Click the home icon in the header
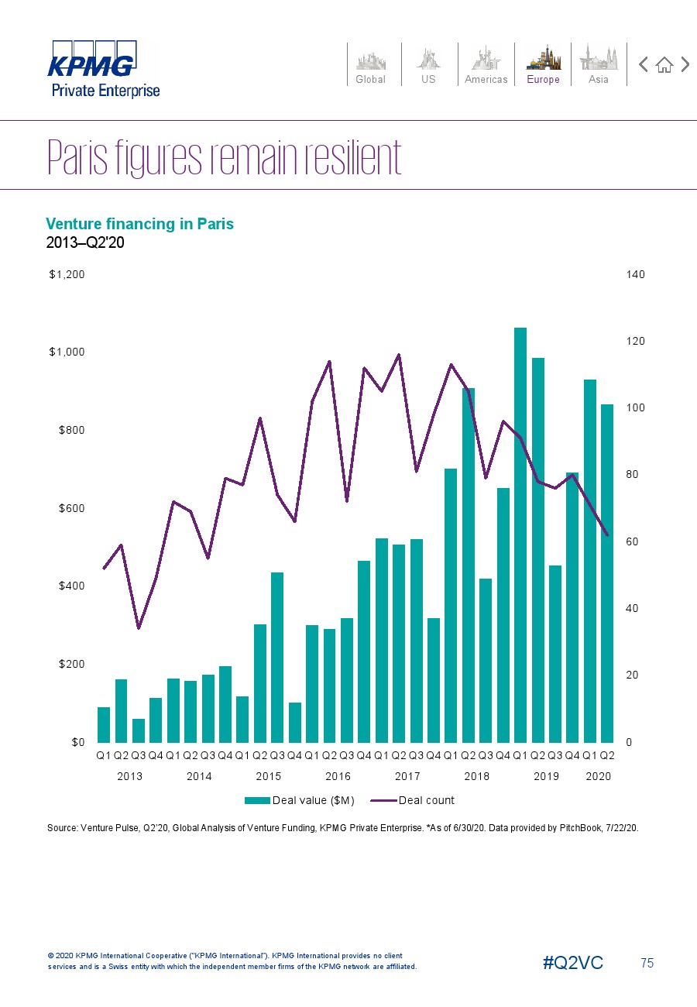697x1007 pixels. click(x=664, y=65)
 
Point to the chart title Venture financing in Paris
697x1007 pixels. click(x=139, y=224)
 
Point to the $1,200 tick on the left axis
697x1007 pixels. click(x=67, y=274)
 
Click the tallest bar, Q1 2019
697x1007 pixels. click(x=520, y=534)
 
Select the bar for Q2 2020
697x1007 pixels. click(x=607, y=573)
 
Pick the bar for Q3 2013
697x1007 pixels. click(x=139, y=730)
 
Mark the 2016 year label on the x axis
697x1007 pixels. click(x=338, y=776)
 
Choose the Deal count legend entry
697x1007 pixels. click(x=414, y=800)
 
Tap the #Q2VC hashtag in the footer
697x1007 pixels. click(x=572, y=963)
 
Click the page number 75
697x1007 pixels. click(x=647, y=963)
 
